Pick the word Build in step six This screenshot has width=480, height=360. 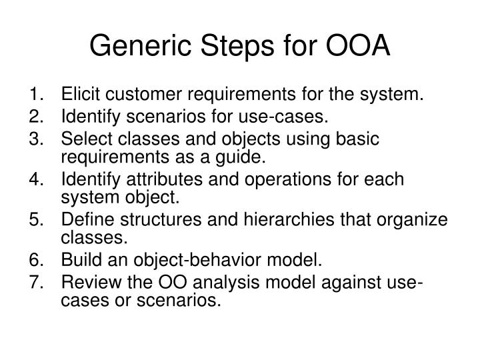pos(79,260)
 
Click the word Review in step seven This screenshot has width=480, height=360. pos(87,282)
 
